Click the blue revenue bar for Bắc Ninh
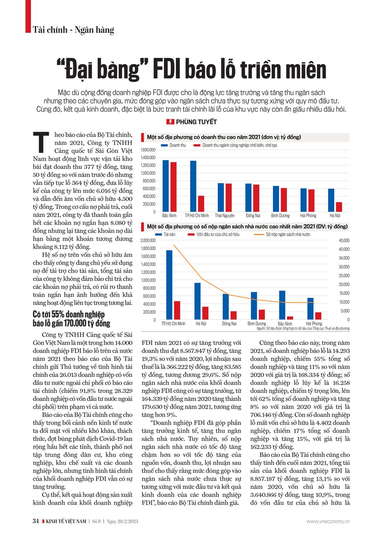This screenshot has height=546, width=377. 166,186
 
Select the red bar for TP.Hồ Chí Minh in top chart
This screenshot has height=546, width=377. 201,204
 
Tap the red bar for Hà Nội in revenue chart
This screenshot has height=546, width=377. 339,207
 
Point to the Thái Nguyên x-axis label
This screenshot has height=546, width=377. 225,216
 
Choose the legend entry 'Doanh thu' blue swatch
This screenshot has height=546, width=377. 164,145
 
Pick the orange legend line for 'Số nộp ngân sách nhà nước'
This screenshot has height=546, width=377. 259,235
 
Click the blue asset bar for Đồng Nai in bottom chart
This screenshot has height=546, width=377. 225,306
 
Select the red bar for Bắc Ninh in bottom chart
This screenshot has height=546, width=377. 290,318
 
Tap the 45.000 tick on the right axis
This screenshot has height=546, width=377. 344,241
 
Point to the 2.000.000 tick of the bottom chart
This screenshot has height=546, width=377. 148,241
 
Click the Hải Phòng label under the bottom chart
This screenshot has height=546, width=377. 314,324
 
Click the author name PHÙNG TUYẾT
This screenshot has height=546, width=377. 196,122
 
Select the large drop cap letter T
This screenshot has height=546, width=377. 41,142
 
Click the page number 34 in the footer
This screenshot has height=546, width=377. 36,521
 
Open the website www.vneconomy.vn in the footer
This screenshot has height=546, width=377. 328,521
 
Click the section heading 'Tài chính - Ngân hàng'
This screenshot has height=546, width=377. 74,30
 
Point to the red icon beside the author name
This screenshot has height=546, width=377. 170,122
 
